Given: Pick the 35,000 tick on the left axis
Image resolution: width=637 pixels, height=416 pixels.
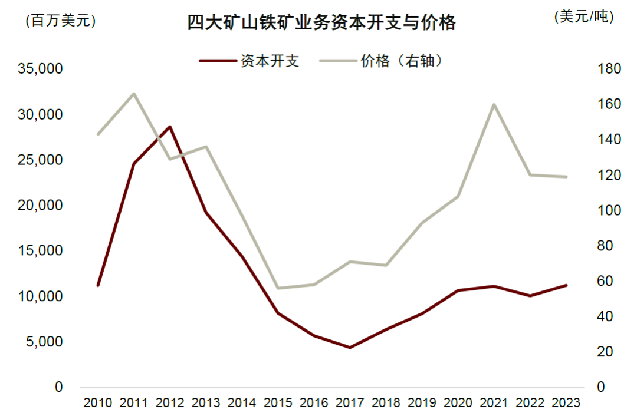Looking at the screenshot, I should [41, 69].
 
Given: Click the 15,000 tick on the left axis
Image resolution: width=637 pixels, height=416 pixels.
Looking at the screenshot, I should [41, 251].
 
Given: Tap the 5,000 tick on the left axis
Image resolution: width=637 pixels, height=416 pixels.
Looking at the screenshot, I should [44, 342].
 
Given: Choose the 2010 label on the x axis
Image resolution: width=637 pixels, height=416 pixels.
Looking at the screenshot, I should [98, 403].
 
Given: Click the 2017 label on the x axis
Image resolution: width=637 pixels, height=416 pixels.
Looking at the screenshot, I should [350, 403].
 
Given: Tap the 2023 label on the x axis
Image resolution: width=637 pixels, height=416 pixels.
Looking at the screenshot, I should [566, 403].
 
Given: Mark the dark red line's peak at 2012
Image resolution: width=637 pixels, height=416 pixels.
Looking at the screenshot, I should [170, 127].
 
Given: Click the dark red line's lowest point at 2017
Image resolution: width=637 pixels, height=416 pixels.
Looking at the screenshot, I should [350, 348].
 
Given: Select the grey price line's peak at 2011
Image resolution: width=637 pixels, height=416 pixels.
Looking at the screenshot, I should [134, 94].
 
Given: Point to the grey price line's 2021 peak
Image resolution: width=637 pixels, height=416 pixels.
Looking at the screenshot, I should [494, 104].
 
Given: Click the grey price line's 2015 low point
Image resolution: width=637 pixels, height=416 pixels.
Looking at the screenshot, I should [278, 288].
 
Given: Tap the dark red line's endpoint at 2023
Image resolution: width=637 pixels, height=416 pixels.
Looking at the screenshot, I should [566, 285].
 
